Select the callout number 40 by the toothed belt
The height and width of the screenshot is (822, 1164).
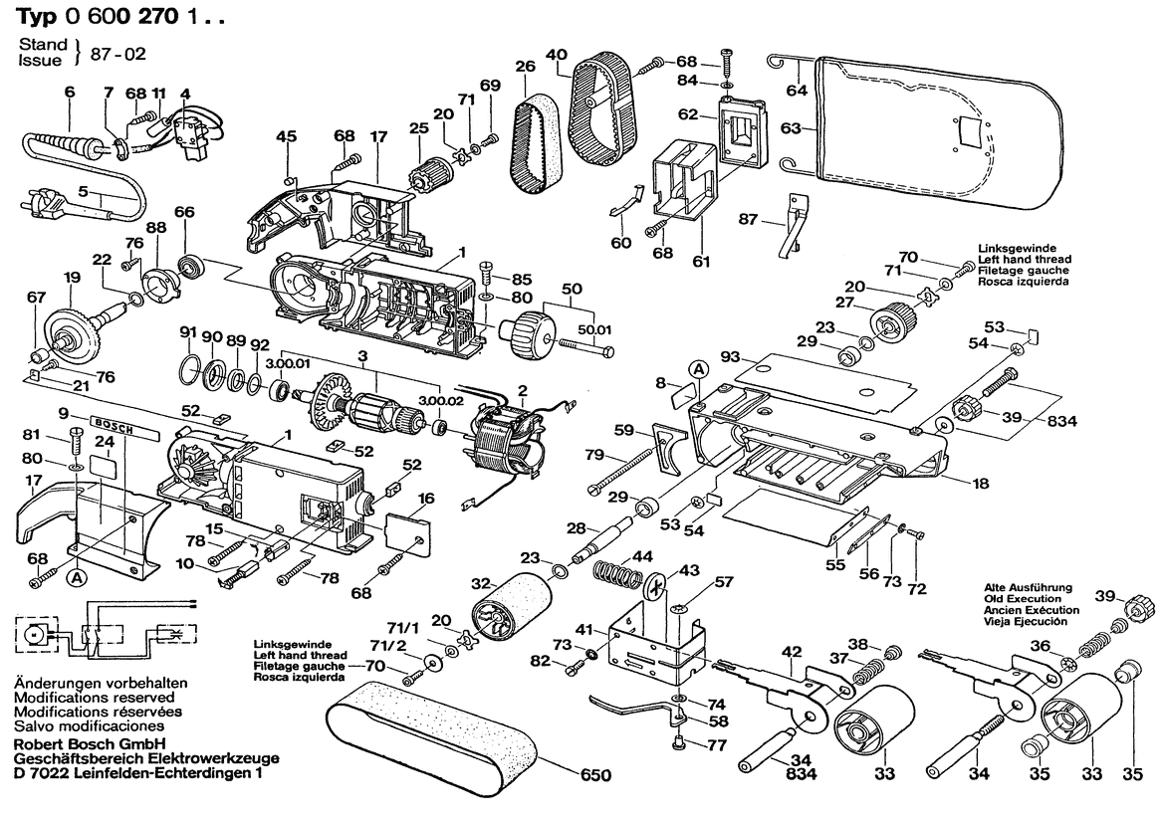coord(557,55)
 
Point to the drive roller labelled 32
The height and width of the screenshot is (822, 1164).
coord(513,606)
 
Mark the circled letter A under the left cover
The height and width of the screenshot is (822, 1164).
coord(75,575)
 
